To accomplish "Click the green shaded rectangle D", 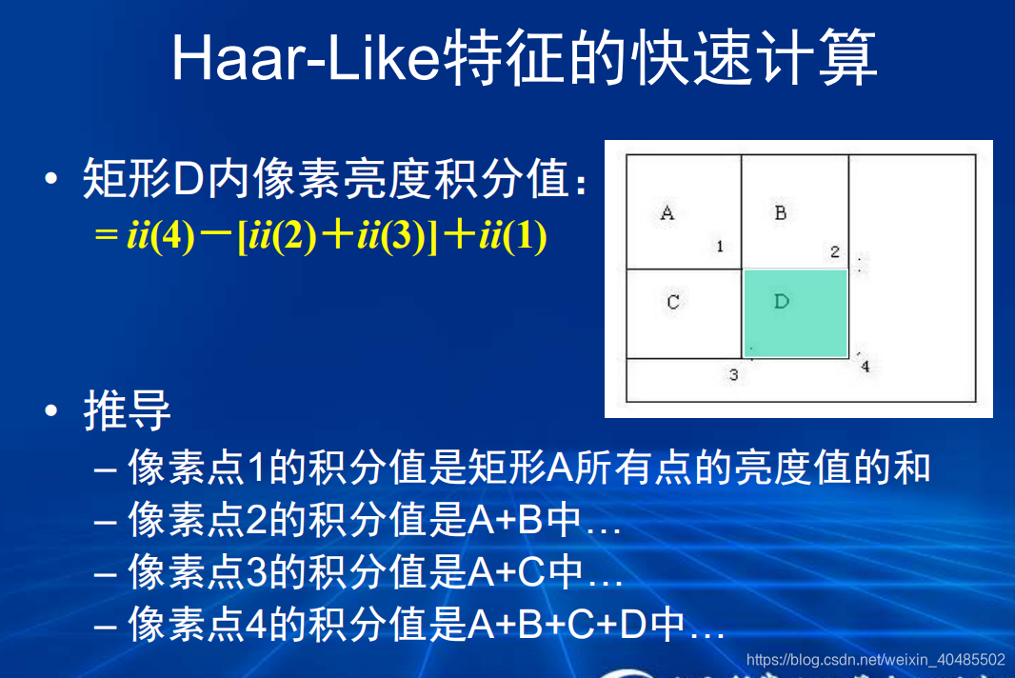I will [x=795, y=313].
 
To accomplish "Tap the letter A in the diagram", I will [x=667, y=212].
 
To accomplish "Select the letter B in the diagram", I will [x=781, y=212].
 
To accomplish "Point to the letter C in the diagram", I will [x=672, y=302].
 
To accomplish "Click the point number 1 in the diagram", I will [x=720, y=247].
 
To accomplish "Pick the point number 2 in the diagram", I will [x=835, y=252].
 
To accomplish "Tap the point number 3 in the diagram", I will [x=733, y=375].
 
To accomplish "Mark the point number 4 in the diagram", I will [x=865, y=367].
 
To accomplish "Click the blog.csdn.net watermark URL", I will [x=876, y=659].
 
